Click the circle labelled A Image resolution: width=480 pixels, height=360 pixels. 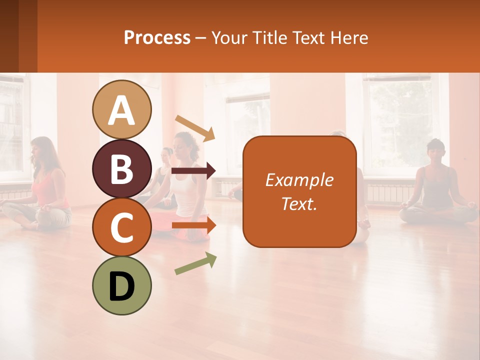(x=122, y=109)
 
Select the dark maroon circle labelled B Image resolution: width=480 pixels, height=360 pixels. (x=122, y=168)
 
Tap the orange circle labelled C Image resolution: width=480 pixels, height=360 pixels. (x=122, y=227)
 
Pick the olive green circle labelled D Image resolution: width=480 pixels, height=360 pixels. (x=122, y=285)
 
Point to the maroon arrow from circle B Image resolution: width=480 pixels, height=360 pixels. (x=193, y=171)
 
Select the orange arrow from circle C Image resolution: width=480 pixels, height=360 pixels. (x=193, y=225)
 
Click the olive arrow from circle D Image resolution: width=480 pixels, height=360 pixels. (x=195, y=263)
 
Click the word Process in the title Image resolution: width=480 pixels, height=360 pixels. (x=157, y=37)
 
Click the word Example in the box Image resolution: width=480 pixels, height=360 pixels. (x=299, y=180)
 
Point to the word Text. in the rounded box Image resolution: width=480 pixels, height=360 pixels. (x=299, y=203)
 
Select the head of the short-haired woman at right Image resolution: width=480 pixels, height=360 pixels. (x=435, y=150)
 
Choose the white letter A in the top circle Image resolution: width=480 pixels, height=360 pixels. (x=122, y=110)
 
